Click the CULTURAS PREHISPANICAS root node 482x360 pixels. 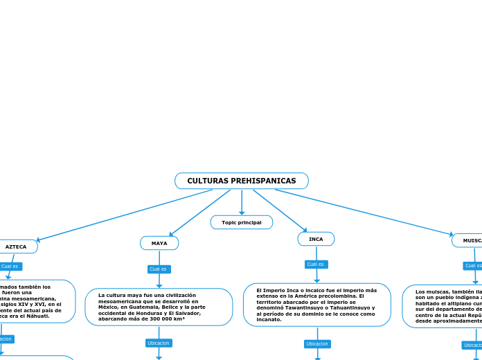(x=241, y=181)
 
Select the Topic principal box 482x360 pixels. (x=241, y=222)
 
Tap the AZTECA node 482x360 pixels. (x=16, y=246)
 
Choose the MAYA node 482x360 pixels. (x=159, y=243)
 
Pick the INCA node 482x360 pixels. (x=316, y=239)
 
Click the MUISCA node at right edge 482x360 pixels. (x=472, y=240)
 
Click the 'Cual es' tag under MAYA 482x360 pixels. (x=159, y=269)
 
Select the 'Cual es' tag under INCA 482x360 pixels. (x=316, y=264)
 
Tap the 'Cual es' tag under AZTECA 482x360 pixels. (x=10, y=266)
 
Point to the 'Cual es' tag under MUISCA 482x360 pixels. (x=473, y=265)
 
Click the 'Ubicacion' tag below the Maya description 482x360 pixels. (x=159, y=343)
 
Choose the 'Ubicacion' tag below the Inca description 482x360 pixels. (x=317, y=343)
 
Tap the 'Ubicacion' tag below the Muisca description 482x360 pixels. (x=472, y=345)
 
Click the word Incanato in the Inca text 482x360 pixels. (x=269, y=320)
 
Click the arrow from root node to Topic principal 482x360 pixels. (x=242, y=201)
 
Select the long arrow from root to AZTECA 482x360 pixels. (x=125, y=215)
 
